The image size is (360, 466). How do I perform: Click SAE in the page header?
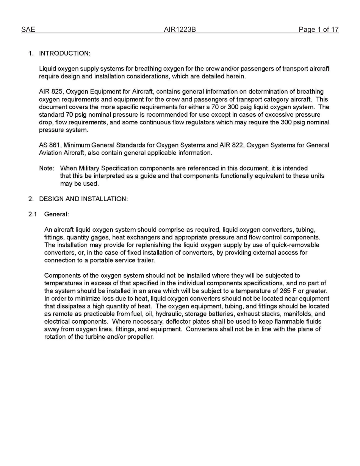tap(28, 30)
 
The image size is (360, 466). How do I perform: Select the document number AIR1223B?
tap(180, 30)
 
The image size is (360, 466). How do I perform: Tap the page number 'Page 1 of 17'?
tap(318, 30)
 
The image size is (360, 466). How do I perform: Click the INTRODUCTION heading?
tap(64, 53)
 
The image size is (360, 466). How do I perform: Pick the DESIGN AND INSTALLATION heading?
tap(83, 199)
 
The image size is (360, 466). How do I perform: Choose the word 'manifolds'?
tap(299, 314)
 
